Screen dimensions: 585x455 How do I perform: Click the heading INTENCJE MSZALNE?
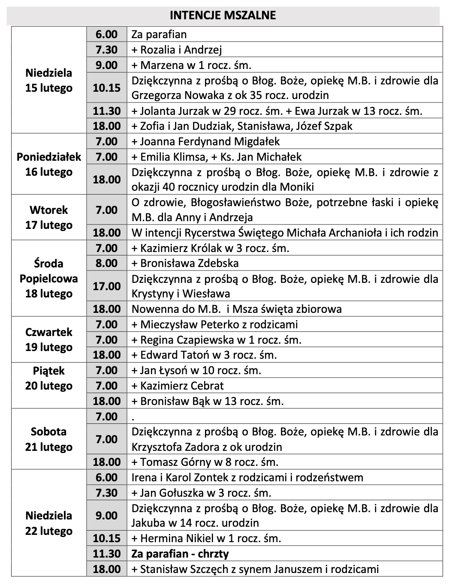coord(223,15)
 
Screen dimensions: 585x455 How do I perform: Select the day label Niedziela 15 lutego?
coord(48,81)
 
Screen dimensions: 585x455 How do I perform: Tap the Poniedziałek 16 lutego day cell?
coord(48,165)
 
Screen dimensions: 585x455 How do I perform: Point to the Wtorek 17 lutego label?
coord(48,218)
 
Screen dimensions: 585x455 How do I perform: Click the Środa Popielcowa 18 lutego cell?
coord(48,279)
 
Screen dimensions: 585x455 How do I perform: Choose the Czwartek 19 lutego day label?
coord(48,340)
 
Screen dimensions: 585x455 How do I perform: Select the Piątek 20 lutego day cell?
coord(48,378)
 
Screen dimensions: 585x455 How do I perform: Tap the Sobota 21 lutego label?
coord(48,439)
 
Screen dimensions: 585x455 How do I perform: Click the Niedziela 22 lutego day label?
coord(48,523)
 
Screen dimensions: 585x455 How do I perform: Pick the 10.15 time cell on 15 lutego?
coord(107,88)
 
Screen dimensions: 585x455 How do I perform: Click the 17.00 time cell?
coord(107,286)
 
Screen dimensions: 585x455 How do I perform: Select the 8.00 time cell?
coord(107,263)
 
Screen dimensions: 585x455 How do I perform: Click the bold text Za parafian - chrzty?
coord(180,554)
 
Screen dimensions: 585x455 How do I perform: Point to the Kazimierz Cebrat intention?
coord(178,386)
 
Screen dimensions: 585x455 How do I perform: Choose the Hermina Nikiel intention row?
coord(206,538)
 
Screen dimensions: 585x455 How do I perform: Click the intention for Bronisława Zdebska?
coord(185,263)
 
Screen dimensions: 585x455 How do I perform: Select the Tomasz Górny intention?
coord(205,462)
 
